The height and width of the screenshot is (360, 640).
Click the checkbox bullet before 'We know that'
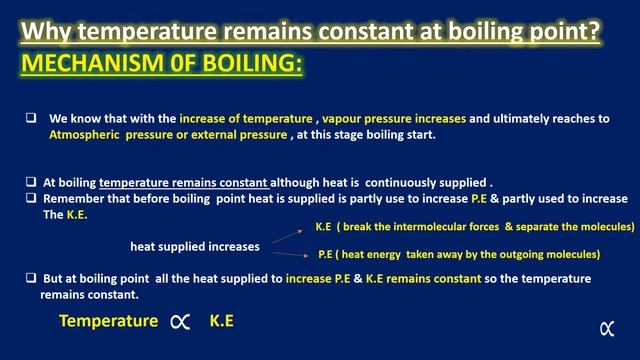point(31,118)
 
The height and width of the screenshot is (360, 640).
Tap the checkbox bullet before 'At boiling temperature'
point(31,183)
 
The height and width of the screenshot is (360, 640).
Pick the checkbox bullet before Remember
point(31,198)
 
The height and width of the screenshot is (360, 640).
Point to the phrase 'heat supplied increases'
point(195,245)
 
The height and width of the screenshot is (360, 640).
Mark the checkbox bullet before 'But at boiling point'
point(31,278)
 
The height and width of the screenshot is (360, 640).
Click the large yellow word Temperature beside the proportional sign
point(108,322)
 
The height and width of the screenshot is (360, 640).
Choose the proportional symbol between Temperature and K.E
point(180,322)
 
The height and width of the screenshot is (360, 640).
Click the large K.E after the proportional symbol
point(222,322)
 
